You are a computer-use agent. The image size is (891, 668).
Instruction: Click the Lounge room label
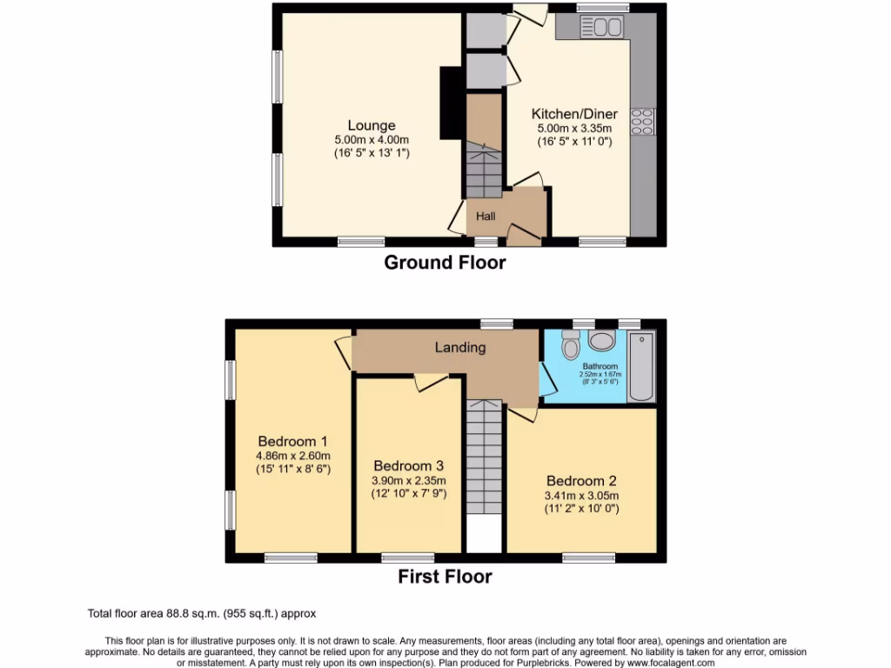(372, 125)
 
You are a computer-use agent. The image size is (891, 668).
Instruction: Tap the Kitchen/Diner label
(574, 114)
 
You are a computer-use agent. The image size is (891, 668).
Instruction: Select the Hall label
(485, 215)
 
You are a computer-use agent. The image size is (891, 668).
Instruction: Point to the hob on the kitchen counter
(643, 121)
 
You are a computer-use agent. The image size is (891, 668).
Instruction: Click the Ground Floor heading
(445, 262)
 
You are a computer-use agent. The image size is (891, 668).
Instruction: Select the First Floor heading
(445, 576)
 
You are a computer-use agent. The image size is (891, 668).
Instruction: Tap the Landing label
(460, 347)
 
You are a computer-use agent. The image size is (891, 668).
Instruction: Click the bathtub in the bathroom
(641, 366)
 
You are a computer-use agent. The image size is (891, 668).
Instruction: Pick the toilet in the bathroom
(571, 345)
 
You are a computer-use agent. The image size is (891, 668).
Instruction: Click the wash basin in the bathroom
(601, 340)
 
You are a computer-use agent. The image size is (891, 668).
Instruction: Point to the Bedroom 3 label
(408, 465)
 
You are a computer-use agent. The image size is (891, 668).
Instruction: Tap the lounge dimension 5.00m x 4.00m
(372, 140)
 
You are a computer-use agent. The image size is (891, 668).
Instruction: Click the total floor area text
(202, 613)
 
